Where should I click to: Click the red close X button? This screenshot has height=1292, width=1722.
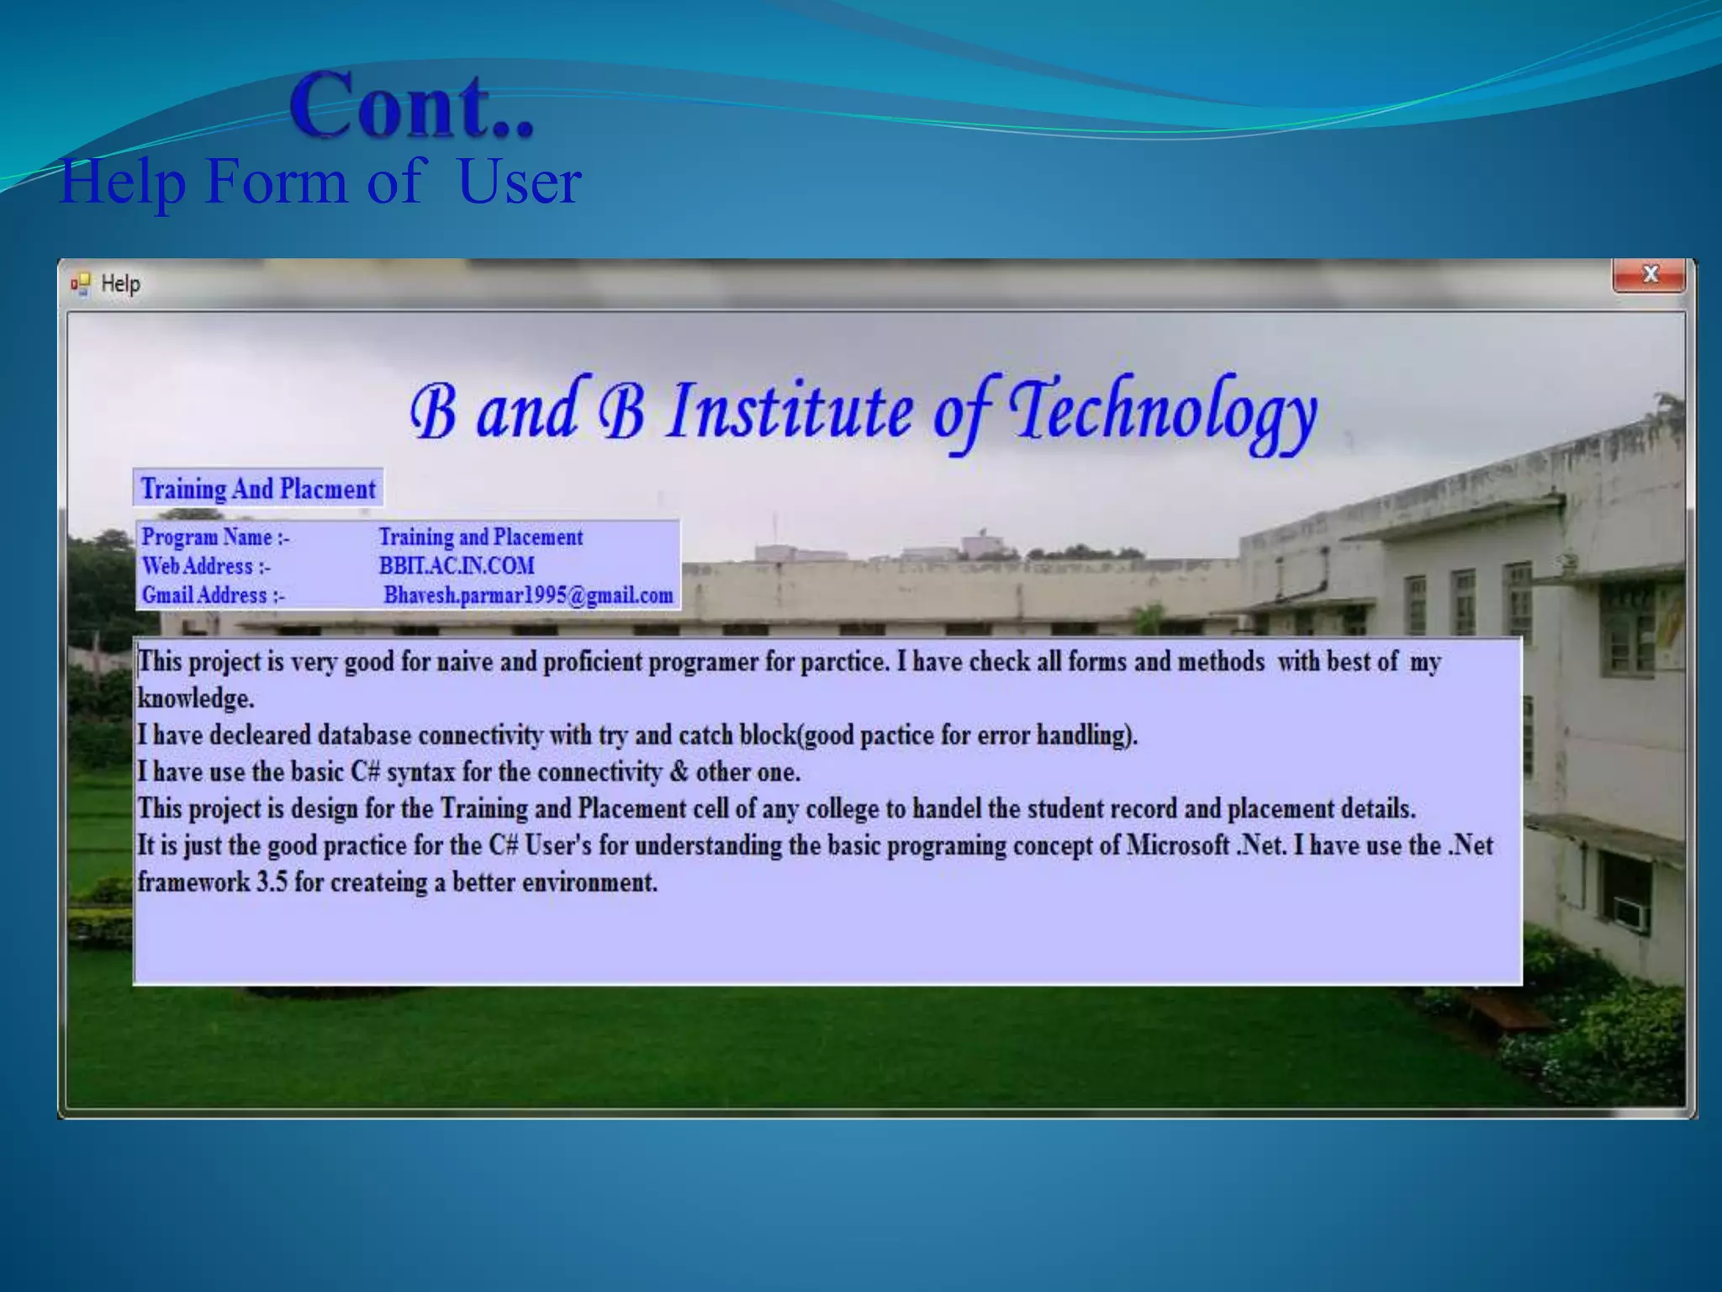click(x=1649, y=275)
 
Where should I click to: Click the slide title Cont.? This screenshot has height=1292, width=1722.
click(x=412, y=106)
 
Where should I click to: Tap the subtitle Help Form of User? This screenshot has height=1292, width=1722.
click(x=320, y=181)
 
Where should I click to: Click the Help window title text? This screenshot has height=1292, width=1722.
click(x=120, y=283)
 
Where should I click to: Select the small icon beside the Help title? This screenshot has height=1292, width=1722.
click(x=81, y=283)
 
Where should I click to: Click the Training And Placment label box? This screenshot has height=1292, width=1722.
click(x=258, y=489)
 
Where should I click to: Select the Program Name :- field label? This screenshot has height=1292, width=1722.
click(x=215, y=537)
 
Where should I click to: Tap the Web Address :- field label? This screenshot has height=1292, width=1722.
click(x=206, y=566)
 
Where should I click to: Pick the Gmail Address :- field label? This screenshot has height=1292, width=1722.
click(x=213, y=596)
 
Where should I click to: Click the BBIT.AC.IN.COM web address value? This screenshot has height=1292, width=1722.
click(x=457, y=566)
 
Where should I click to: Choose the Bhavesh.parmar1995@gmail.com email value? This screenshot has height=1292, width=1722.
click(x=528, y=596)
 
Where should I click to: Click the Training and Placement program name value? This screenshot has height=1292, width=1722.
click(x=480, y=537)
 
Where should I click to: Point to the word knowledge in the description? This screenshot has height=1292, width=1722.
click(x=195, y=698)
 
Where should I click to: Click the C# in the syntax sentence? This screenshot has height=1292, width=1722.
click(x=365, y=772)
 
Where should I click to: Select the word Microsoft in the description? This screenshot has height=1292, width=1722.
click(x=1177, y=845)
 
